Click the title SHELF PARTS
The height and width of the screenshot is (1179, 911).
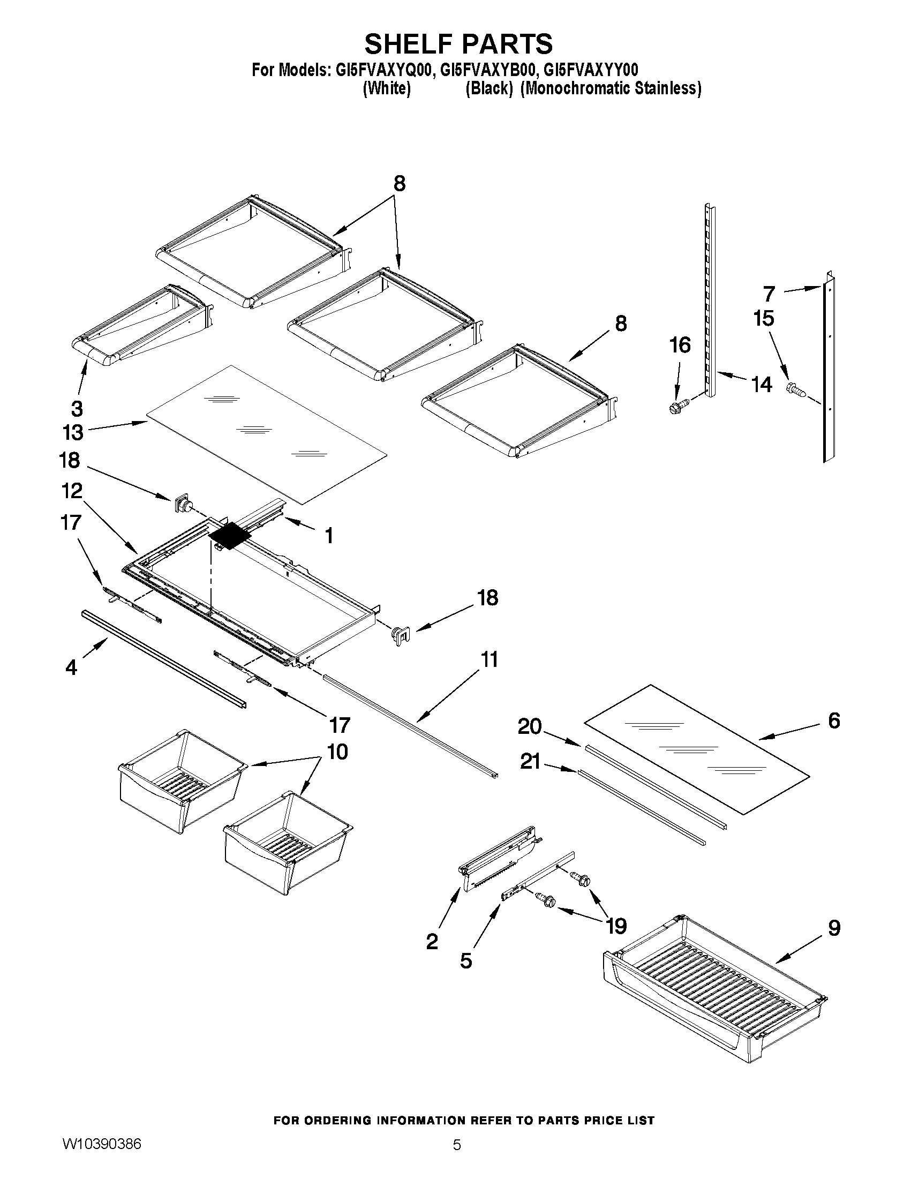tap(458, 43)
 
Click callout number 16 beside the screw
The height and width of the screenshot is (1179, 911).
tap(680, 344)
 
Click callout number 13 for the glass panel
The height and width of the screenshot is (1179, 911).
tap(73, 432)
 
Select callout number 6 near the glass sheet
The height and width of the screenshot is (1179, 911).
tap(834, 720)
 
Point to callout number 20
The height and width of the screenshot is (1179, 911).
tap(530, 726)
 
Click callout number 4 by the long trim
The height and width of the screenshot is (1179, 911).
tap(71, 668)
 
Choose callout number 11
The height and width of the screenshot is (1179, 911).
tap(489, 660)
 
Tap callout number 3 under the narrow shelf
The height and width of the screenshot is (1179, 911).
tap(77, 408)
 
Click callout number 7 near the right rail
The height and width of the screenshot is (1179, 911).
tap(769, 294)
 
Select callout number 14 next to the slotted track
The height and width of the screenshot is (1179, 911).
tap(762, 385)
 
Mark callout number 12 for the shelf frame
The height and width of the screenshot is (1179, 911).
tap(71, 491)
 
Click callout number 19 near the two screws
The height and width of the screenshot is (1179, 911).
tap(616, 926)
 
